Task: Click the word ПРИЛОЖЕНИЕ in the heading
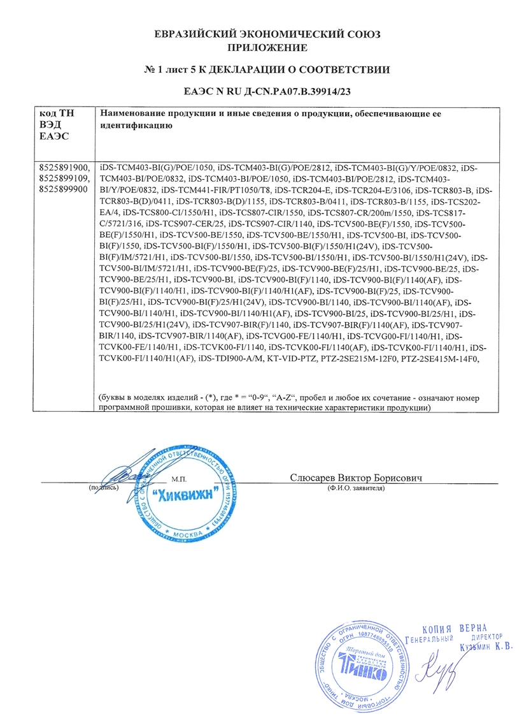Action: click(267, 47)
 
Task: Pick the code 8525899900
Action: click(64, 190)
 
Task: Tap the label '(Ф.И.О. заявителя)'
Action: click(357, 488)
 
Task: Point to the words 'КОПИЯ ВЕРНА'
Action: click(457, 627)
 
